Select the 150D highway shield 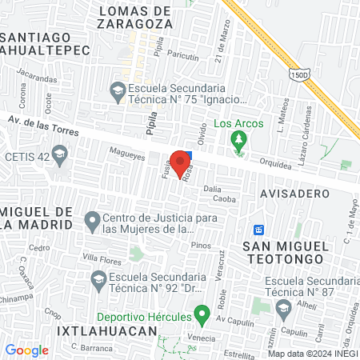tap(298, 74)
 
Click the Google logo tap(26, 350)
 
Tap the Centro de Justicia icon tap(93, 218)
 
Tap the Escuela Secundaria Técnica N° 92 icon tap(98, 281)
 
